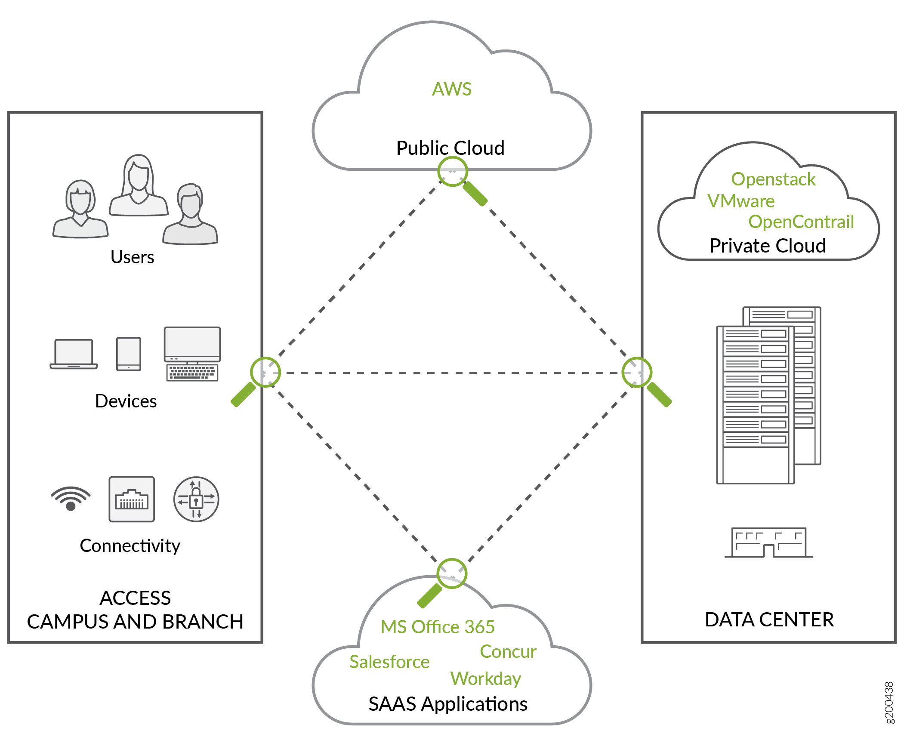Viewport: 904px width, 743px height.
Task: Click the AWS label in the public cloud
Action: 452,89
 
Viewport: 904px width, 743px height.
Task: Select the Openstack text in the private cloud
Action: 773,179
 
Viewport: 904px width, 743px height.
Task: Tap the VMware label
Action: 741,201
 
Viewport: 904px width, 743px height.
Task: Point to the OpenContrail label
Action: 801,222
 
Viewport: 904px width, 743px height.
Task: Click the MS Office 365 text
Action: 438,627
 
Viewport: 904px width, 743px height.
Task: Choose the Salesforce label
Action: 389,662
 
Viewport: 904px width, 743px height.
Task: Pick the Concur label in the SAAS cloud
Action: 508,651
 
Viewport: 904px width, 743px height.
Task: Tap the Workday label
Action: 486,678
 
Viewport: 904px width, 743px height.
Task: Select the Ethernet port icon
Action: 132,499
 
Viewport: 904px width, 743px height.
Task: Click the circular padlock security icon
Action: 196,499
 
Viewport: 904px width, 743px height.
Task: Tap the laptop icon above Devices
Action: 74,354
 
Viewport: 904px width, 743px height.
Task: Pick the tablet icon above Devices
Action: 129,354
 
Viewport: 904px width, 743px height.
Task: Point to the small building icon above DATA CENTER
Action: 768,543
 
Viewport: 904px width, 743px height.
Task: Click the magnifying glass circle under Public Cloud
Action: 453,172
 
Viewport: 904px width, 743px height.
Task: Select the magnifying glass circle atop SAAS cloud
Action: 452,573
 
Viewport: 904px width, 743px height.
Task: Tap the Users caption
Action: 132,257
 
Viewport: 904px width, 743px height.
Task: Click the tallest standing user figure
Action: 139,185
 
